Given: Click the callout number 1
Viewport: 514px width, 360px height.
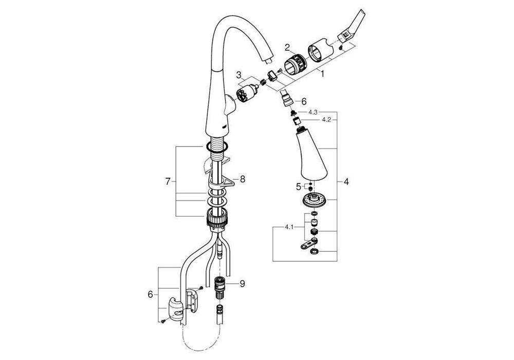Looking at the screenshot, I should point(322,74).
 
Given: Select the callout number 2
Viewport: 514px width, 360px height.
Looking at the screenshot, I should point(288,48).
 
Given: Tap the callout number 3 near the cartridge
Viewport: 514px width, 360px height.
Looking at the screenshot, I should point(239,76).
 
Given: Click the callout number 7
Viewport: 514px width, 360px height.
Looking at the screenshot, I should point(167,182).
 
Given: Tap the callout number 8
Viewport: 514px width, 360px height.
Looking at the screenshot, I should point(243,179).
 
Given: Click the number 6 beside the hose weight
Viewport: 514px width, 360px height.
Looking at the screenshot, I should point(150,294).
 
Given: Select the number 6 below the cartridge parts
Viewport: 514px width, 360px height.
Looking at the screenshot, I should point(303,101).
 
